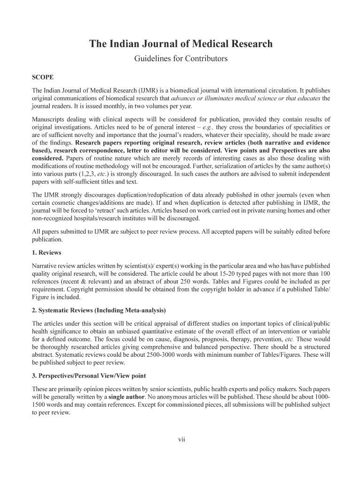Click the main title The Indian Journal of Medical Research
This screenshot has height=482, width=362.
click(181, 44)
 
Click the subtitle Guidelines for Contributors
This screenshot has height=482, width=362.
click(181, 59)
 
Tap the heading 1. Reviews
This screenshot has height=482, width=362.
click(47, 253)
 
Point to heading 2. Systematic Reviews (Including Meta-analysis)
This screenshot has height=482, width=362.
click(99, 311)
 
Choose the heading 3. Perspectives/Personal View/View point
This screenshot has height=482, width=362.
click(89, 376)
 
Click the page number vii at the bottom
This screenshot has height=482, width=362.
click(181, 440)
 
